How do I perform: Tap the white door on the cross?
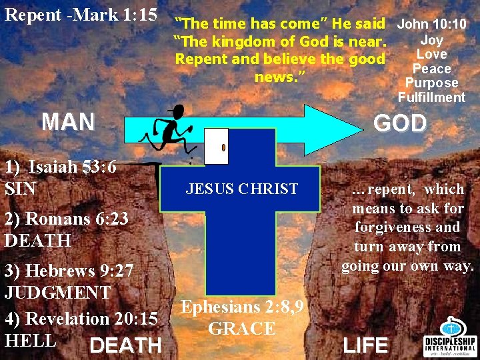(216, 146)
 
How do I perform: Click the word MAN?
(68, 122)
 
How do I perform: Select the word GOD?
(400, 123)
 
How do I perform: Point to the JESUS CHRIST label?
(242, 189)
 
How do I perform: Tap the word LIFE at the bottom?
(365, 345)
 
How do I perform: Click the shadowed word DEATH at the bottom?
(125, 345)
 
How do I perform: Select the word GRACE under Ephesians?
(242, 329)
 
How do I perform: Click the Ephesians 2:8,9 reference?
(243, 307)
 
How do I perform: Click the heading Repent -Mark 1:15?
(81, 14)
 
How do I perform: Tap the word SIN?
(21, 189)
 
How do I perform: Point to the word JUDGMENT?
(58, 292)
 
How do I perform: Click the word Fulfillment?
(431, 97)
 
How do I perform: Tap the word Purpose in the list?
(431, 83)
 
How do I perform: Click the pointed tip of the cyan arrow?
(370, 123)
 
